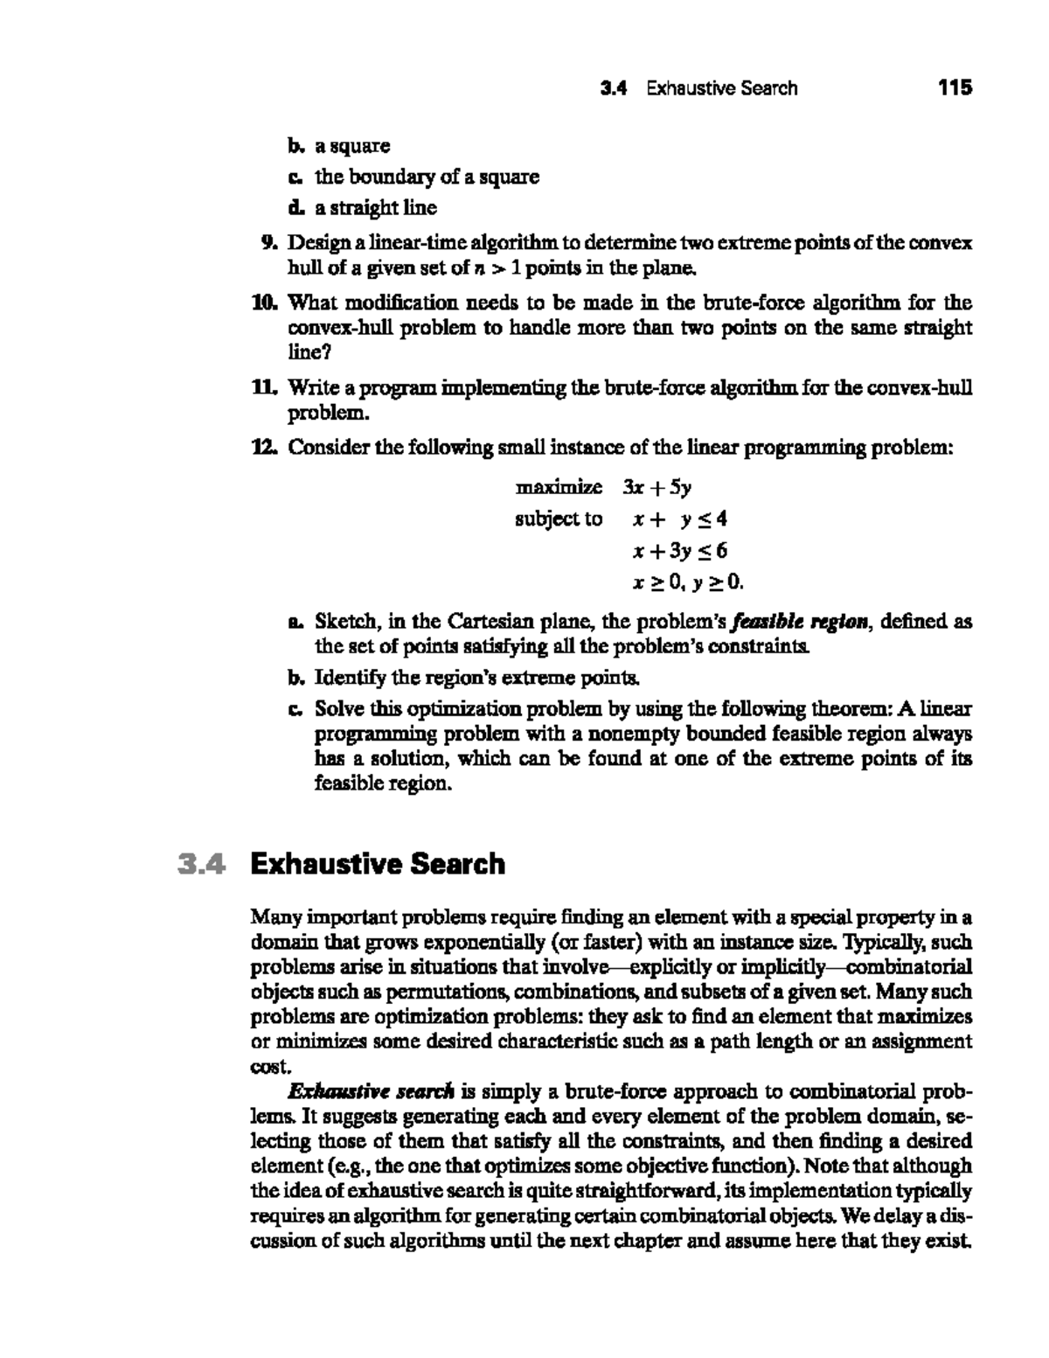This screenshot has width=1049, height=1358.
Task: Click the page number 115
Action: (954, 87)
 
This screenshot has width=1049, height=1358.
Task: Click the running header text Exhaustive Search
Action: (721, 87)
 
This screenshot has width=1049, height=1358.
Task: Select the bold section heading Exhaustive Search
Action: (378, 864)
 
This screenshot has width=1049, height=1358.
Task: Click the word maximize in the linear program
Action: (559, 486)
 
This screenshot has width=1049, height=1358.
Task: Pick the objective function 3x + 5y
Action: (656, 486)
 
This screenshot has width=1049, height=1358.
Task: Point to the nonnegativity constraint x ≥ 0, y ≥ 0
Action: (687, 582)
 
